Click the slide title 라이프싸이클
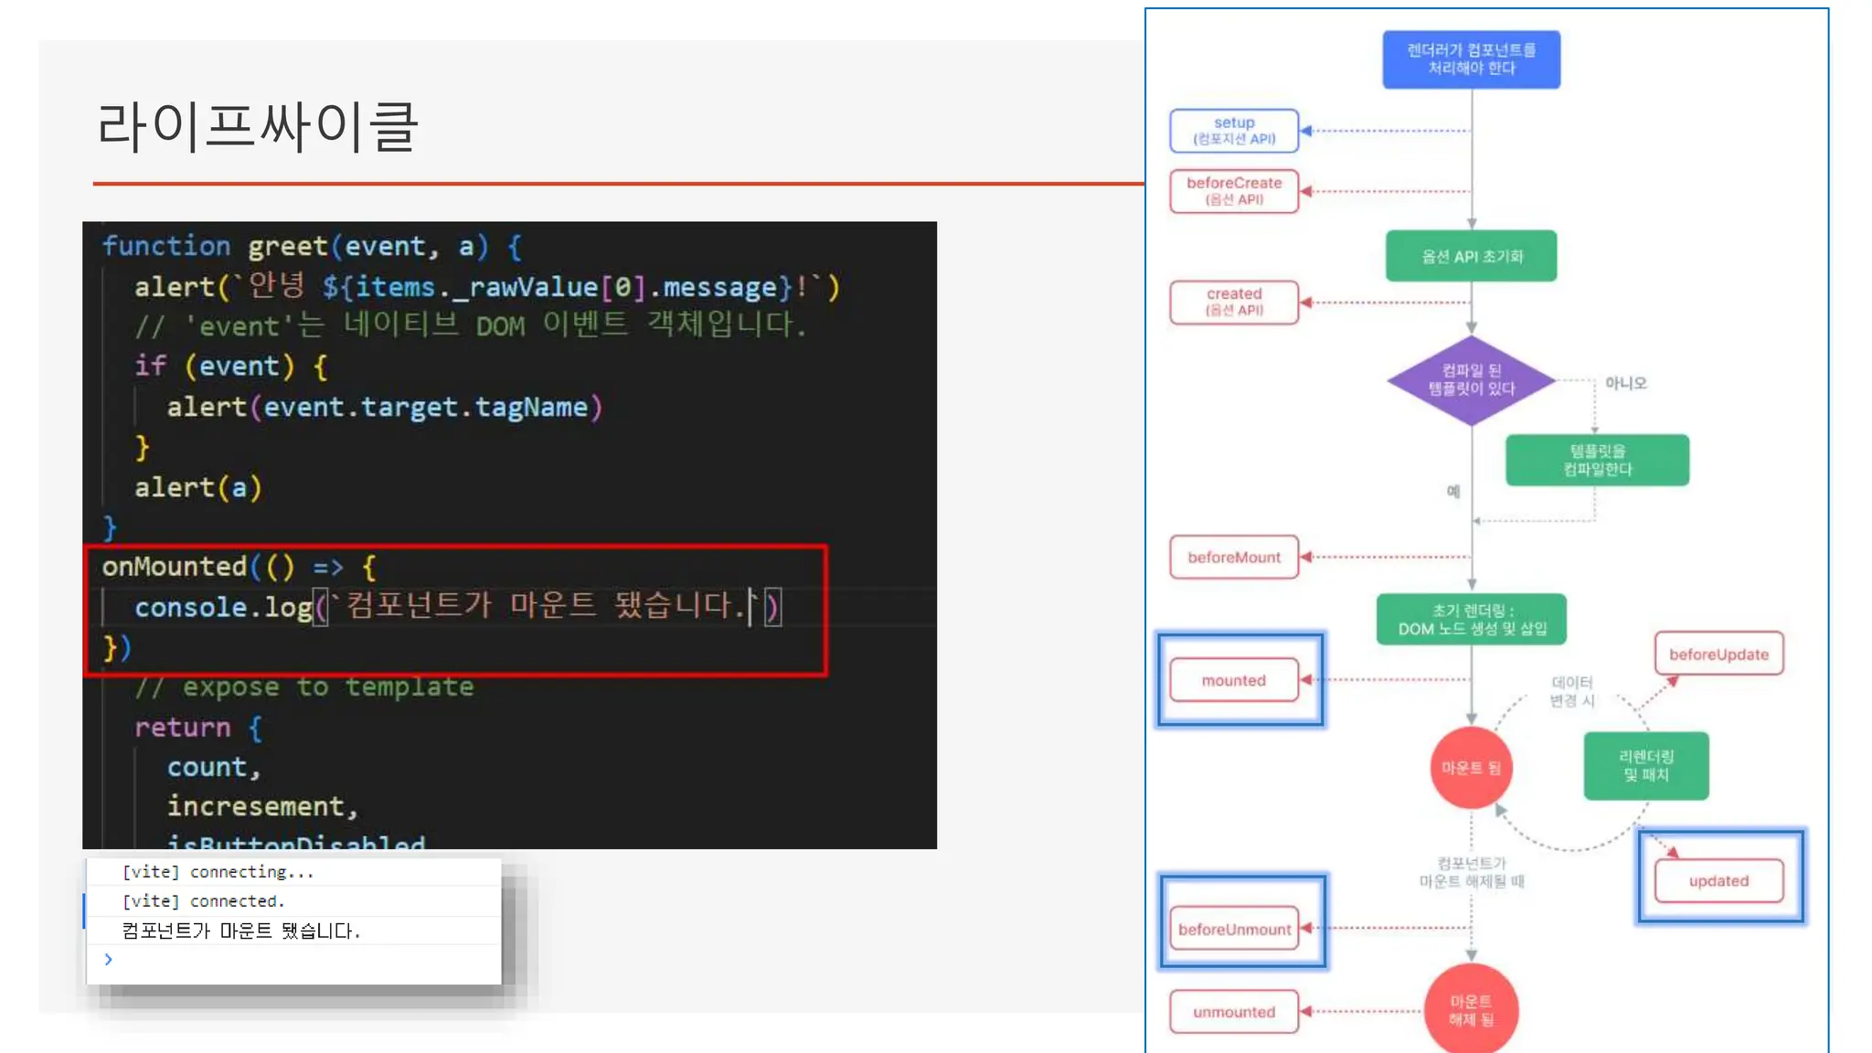(258, 126)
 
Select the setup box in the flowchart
(1234, 131)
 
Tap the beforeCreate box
(1234, 191)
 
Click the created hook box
(1234, 302)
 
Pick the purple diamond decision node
(1472, 380)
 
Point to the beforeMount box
(1234, 557)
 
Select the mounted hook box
(1234, 680)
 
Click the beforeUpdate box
(1718, 654)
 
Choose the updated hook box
(1718, 881)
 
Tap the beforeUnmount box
(1234, 929)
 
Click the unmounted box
(1234, 1012)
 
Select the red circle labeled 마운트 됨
(1471, 768)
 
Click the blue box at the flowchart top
(1471, 59)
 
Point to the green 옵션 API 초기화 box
(1471, 256)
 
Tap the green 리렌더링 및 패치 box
(1645, 766)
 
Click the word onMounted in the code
(174, 567)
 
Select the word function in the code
(165, 246)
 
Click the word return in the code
(182, 728)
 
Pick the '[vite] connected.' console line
(203, 901)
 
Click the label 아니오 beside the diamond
(1625, 383)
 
